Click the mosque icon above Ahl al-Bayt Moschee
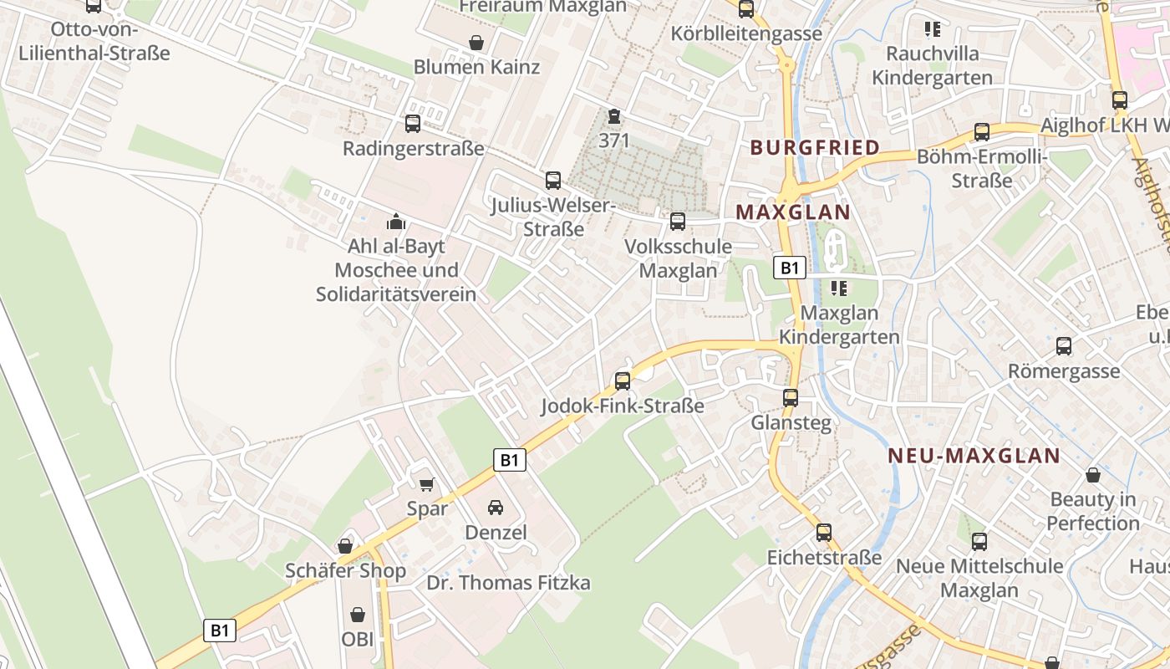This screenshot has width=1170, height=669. coord(395,222)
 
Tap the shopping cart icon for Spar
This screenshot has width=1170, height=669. coord(427,483)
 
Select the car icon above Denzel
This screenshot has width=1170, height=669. coord(496,508)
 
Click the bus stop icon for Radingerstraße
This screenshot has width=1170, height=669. coord(413,124)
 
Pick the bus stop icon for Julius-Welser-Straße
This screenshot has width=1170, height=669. coord(552,180)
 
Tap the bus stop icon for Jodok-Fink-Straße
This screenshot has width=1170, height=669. coord(623,381)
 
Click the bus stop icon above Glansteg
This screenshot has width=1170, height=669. coord(791,398)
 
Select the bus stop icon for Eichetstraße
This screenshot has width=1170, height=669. coord(824,533)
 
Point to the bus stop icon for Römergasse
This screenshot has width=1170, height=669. coord(1064,346)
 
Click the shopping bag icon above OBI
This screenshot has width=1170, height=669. coord(358,615)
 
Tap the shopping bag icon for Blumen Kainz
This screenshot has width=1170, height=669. coord(476,43)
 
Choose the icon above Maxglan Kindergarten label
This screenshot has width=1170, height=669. coord(839,289)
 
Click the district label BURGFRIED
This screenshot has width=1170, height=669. coord(815,148)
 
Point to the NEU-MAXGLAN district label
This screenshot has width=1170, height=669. coord(974,456)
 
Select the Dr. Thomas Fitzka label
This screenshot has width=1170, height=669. coord(509,583)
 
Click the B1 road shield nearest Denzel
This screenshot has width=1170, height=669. coord(510,459)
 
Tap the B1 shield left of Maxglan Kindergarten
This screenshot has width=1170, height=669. coord(789,268)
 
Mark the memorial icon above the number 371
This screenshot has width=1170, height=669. coord(614,117)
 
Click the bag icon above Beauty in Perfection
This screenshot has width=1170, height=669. coord(1092,476)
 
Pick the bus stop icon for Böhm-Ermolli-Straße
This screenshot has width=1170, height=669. coord(982,132)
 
